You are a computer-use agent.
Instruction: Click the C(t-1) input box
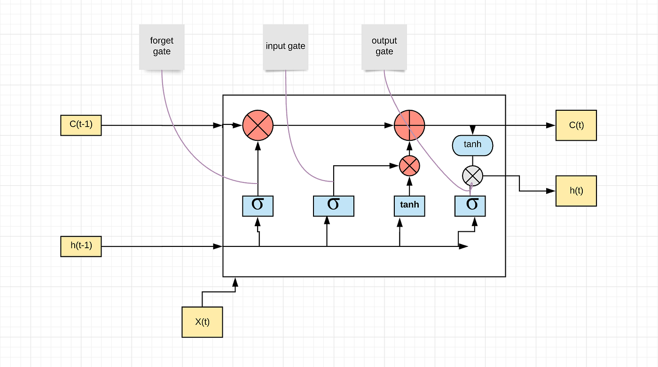coord(81,125)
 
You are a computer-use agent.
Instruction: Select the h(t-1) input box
coord(81,246)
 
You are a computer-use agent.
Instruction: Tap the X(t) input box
coord(202,322)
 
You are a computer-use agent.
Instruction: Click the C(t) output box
coord(576,125)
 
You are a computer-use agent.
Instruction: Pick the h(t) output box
coord(576,191)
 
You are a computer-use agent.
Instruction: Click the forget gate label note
coord(162,46)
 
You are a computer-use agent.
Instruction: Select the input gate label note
coord(285,46)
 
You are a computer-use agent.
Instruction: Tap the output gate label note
coord(384,46)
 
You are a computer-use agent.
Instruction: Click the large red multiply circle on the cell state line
coord(258,125)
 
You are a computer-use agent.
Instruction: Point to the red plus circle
coord(409,125)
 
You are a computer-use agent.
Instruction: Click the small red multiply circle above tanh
coord(409,166)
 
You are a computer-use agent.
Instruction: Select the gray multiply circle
coord(472,176)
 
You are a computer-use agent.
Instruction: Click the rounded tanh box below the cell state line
coord(472,145)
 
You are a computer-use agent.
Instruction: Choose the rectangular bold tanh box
coord(409,206)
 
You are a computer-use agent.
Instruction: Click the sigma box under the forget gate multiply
coord(258,206)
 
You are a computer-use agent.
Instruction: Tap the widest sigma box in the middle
coord(333,206)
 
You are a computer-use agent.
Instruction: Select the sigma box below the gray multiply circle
coord(470,206)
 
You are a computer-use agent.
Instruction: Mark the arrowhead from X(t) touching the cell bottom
coord(235,281)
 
